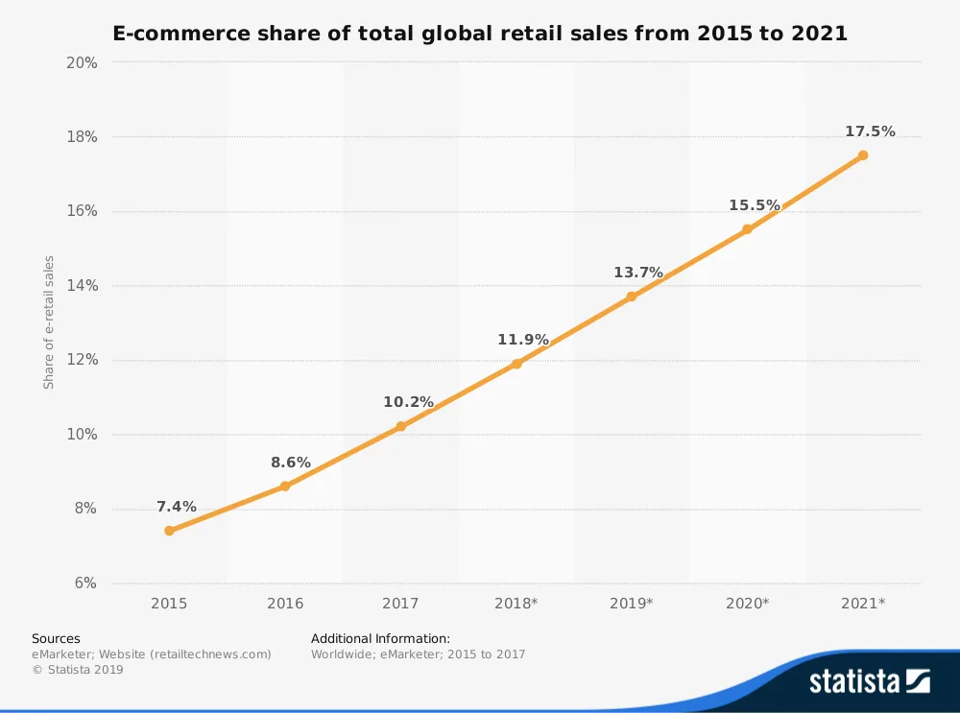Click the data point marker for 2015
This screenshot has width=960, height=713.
coord(169,531)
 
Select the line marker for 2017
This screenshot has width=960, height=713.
coord(400,426)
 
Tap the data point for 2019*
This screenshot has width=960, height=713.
coord(632,297)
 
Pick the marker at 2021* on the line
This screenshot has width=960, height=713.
coord(863,154)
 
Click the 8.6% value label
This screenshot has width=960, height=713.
coord(291,463)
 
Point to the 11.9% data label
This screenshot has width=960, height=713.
coord(522,340)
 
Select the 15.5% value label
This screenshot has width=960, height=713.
coord(754,205)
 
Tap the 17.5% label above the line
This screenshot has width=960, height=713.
coord(870,131)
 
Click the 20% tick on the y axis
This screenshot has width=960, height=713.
coord(82,62)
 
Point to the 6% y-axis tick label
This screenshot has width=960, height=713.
coord(84,583)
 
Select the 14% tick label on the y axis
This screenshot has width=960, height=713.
coord(82,286)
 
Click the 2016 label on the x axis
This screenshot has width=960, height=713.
coord(285,604)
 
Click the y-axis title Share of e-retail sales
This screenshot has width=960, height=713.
coord(49,322)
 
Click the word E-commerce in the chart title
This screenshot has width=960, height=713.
coord(180,33)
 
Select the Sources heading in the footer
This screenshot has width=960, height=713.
coord(56,638)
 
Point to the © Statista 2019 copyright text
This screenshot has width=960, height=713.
coord(78,670)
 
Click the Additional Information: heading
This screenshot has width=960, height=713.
coord(380,638)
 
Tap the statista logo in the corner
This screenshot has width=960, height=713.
coord(869,681)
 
